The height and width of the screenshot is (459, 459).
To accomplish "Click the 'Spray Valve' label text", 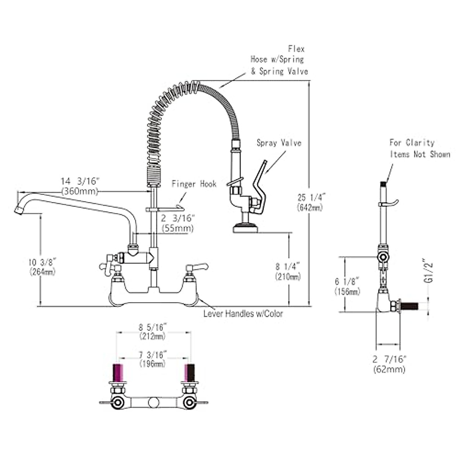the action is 279,143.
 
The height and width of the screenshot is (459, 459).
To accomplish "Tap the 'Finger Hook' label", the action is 194,184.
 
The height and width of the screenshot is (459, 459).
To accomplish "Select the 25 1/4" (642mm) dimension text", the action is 310,202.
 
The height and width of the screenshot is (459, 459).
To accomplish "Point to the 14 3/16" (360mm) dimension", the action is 80,186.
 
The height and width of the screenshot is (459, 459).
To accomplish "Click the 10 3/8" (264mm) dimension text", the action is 42,267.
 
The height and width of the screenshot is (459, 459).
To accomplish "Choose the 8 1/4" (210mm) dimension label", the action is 288,271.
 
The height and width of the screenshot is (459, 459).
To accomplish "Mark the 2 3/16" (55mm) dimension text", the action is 178,223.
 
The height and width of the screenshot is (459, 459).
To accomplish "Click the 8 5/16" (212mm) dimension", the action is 152,331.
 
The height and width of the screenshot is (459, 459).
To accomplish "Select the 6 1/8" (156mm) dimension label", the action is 347,286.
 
